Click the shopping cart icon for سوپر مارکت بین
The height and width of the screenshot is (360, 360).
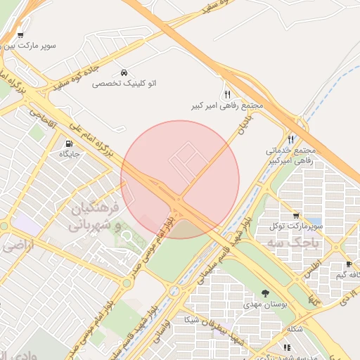click(x=20, y=35)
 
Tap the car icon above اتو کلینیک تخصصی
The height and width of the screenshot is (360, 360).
click(x=124, y=72)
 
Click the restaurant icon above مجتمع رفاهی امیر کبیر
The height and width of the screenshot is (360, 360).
click(x=227, y=94)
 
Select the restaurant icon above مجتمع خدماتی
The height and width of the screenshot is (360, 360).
click(x=291, y=139)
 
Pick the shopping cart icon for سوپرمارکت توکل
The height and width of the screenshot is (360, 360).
click(x=296, y=216)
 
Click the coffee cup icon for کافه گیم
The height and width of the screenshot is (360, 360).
click(x=348, y=264)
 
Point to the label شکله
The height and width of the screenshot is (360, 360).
click(x=295, y=329)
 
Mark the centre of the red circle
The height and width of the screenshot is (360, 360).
click(x=180, y=179)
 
